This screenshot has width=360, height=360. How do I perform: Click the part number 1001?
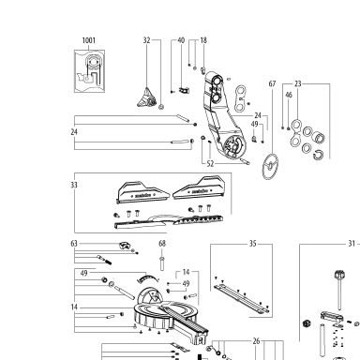tap(89, 40)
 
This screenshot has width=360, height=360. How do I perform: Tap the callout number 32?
tap(147, 40)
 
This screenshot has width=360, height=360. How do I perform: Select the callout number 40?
tap(181, 40)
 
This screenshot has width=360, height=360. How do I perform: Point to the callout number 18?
tap(203, 40)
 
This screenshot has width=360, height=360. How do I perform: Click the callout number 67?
tap(273, 83)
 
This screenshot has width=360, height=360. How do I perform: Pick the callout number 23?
tap(298, 83)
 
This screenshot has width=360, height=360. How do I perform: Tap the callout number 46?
tap(289, 95)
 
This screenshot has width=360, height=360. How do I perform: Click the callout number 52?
tap(210, 163)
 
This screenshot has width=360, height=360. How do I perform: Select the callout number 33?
tap(74, 185)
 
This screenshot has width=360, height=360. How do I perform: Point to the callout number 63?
tap(74, 244)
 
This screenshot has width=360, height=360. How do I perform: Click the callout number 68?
tap(162, 244)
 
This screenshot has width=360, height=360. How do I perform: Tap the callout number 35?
tap(253, 244)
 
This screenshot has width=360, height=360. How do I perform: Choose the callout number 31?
tap(352, 244)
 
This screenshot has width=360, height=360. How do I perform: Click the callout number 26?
tap(256, 341)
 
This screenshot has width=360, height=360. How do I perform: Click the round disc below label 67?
tap(270, 167)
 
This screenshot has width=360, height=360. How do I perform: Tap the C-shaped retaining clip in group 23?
tap(319, 155)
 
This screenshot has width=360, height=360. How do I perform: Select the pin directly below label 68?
tap(162, 263)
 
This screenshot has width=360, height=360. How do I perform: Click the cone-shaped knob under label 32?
tap(146, 97)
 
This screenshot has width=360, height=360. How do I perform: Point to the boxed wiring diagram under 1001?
tap(89, 71)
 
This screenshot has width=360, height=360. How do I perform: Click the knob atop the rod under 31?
tap(339, 276)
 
